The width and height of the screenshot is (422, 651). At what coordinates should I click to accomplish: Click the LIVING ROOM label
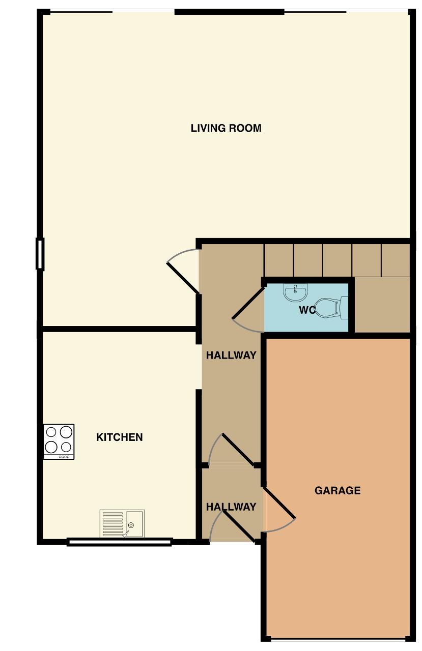pyautogui.click(x=226, y=128)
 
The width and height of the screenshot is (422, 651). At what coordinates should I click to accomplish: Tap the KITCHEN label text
pyautogui.click(x=119, y=437)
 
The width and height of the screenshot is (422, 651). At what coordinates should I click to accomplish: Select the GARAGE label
pyautogui.click(x=337, y=491)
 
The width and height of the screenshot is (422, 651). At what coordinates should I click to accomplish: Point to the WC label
pyautogui.click(x=307, y=310)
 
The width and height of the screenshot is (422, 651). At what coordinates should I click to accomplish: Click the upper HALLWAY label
pyautogui.click(x=231, y=355)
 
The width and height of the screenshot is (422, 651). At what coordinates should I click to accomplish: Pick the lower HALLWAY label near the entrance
pyautogui.click(x=231, y=507)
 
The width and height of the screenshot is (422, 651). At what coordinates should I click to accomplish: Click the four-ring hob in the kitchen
pyautogui.click(x=59, y=442)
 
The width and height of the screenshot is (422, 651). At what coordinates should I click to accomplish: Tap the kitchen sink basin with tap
pyautogui.click(x=135, y=524)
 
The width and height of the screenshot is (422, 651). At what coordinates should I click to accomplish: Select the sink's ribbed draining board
pyautogui.click(x=112, y=524)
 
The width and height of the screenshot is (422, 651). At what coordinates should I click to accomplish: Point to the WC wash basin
pyautogui.click(x=295, y=292)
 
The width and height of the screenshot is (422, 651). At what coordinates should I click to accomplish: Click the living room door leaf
pyautogui.click(x=183, y=278)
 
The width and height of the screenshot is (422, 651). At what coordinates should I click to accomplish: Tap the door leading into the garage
pyautogui.click(x=279, y=503)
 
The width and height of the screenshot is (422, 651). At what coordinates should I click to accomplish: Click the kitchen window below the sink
pyautogui.click(x=119, y=542)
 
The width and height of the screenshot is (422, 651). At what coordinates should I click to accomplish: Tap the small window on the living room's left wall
pyautogui.click(x=40, y=254)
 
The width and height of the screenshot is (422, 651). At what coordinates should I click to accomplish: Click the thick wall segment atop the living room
pyautogui.click(x=229, y=12)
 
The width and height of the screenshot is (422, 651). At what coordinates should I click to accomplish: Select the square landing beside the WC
pyautogui.click(x=382, y=304)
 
